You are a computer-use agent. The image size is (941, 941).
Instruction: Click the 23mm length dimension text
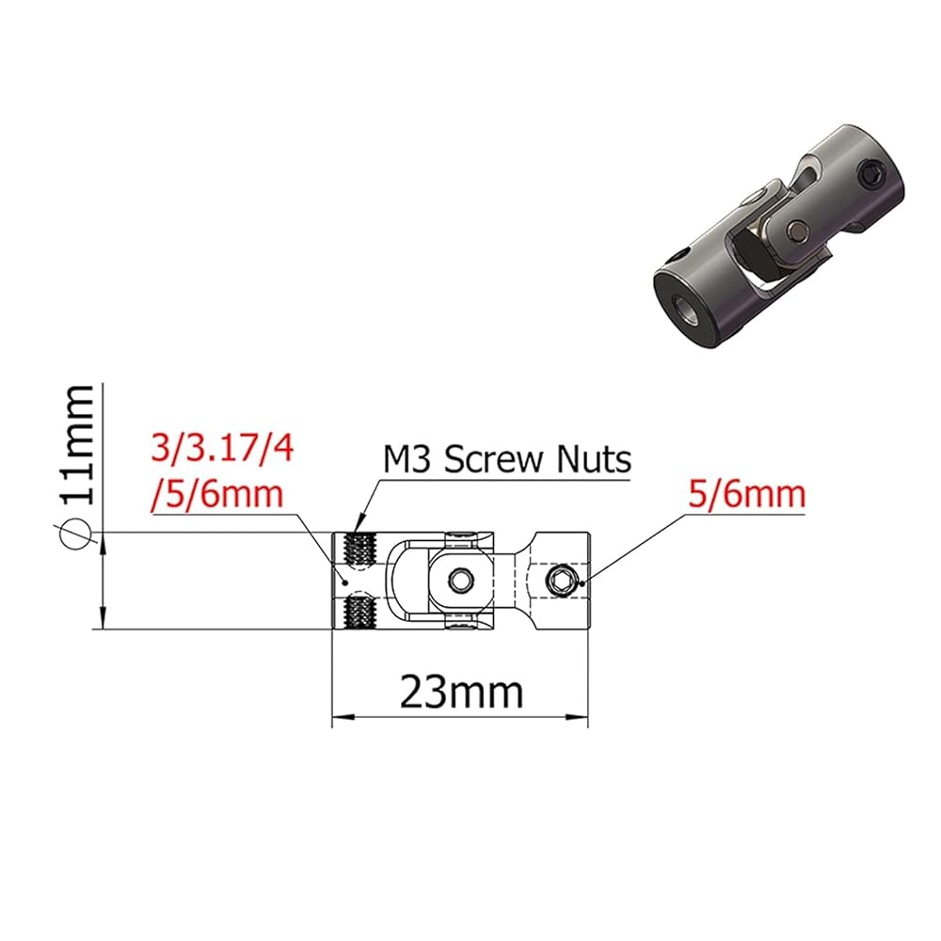point(461,693)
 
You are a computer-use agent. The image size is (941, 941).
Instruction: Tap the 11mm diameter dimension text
point(77,445)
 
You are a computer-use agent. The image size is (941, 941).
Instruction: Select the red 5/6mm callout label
point(746,495)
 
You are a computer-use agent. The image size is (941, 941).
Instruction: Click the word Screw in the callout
point(496,460)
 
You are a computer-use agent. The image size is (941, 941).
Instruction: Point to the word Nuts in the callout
point(594,460)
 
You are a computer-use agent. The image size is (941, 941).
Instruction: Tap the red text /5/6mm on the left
point(218,495)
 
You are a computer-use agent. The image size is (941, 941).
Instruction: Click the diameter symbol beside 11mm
point(75,533)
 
